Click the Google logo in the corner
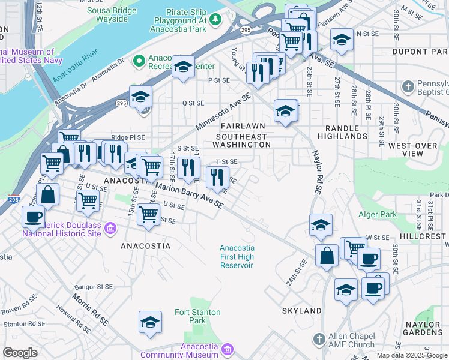[20, 353]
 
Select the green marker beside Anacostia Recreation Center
[139, 61]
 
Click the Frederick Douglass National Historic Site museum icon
[110, 228]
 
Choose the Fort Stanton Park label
[197, 316]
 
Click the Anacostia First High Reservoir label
[237, 257]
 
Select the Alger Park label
[377, 214]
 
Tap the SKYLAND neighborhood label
[301, 311]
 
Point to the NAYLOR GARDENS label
[423, 328]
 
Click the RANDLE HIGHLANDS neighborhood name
[346, 132]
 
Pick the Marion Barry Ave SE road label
[189, 196]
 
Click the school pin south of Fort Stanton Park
[150, 322]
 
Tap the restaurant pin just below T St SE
[217, 176]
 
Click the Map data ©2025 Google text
[412, 355]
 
